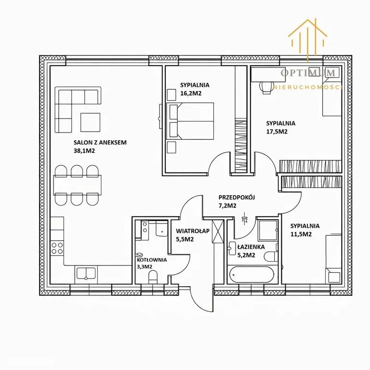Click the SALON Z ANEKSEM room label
[x=100, y=143]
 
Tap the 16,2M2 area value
[x=191, y=93]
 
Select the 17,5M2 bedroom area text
[x=277, y=132]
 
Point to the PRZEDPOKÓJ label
[x=237, y=197]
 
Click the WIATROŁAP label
[x=193, y=231]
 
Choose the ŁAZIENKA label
[x=251, y=247]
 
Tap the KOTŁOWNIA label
[x=152, y=260]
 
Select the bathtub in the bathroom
[x=252, y=275]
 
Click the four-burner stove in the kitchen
[x=57, y=248]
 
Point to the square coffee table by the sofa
[x=91, y=122]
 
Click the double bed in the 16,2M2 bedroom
[x=190, y=121]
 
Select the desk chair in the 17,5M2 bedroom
[x=266, y=87]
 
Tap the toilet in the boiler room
[x=153, y=277]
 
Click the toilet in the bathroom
[x=271, y=256]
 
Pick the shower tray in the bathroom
[x=267, y=230]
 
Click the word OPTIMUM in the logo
[x=308, y=73]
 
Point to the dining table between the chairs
[x=78, y=185]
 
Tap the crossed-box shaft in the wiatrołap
[x=218, y=231]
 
